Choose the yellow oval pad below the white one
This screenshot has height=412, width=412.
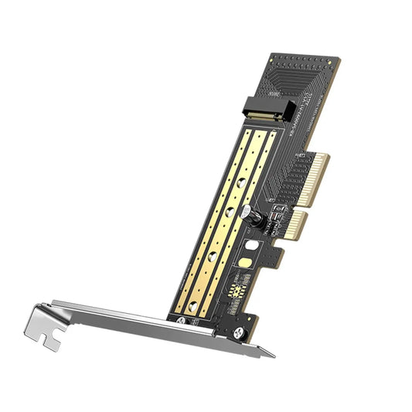click(x=244, y=264)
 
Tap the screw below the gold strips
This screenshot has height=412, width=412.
click(x=180, y=320)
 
